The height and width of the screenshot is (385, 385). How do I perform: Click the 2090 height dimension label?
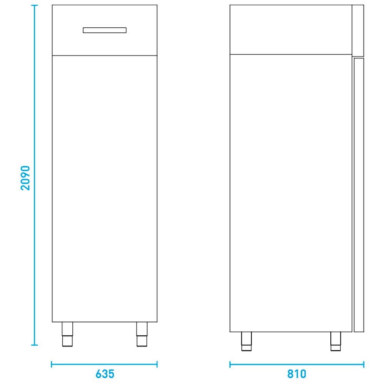pos(25,178)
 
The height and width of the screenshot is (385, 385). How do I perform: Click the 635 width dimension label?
pos(105,374)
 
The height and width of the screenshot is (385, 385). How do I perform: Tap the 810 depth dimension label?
pos(296,374)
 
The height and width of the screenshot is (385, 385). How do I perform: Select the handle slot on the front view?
pos(105,30)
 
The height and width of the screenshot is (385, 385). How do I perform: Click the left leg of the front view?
pos(67,334)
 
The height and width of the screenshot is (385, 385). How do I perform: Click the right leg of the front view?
pos(142,334)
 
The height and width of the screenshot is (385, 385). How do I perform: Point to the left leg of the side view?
pos(246,341)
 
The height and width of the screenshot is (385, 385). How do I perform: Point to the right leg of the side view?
pos(336,341)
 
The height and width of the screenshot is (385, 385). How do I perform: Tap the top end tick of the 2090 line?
pos(34,5)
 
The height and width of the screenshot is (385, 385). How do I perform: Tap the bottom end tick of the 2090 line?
pos(34,345)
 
